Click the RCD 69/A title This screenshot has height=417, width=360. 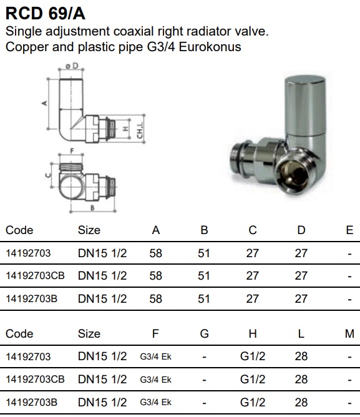click(46, 13)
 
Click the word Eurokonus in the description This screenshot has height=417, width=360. click(210, 47)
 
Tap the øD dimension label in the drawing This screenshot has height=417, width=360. click(72, 66)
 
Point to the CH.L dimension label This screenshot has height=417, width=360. click(140, 130)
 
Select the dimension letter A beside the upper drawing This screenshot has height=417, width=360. click(45, 103)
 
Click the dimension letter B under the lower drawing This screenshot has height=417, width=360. click(92, 208)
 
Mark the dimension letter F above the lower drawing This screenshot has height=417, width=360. click(72, 151)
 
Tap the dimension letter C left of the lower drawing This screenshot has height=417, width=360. click(48, 175)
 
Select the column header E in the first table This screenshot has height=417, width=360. click(349, 230)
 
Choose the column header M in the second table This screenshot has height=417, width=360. click(349, 333)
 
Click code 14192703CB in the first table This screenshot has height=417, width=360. click(35, 276)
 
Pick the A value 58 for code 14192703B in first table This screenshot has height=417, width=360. click(155, 299)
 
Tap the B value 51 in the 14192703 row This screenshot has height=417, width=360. click(204, 253)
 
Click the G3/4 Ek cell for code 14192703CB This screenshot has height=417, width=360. click(155, 380)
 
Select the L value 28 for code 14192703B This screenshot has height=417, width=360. click(301, 403)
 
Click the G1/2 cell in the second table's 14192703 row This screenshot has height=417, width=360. click(253, 356)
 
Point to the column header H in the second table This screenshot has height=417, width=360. click(253, 333)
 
